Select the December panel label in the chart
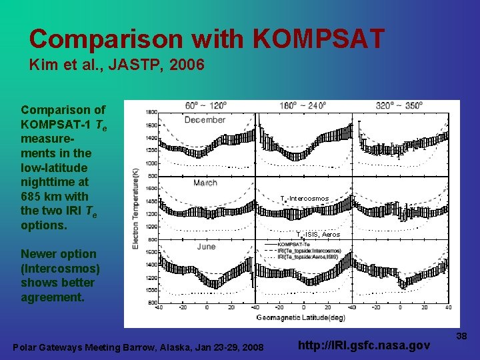point(205,120)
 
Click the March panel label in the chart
point(205,183)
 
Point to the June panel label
point(206,246)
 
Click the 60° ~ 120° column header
point(205,106)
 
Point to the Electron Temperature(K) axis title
point(137,209)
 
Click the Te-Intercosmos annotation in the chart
point(305,199)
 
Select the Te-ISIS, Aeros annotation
point(318,235)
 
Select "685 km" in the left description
point(43,196)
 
